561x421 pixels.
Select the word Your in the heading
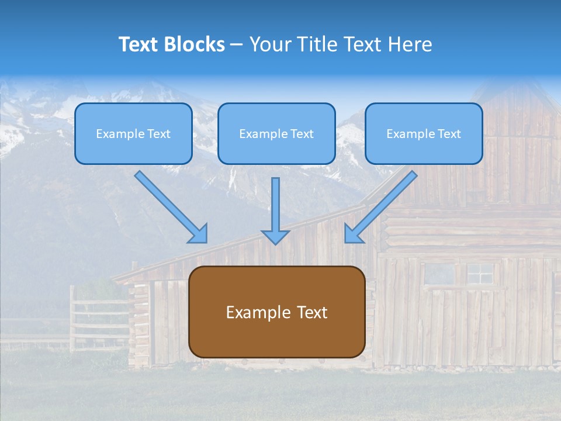(268, 44)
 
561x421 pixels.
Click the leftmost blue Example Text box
(133, 134)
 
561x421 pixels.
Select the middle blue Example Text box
(276, 134)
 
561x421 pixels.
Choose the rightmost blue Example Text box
(424, 134)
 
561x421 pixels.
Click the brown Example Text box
(277, 312)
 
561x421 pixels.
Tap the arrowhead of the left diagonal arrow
(199, 234)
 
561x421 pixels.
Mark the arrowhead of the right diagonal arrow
(352, 233)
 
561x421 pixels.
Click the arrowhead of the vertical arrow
(275, 236)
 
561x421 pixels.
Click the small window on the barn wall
(480, 273)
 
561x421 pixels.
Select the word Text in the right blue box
(449, 134)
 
